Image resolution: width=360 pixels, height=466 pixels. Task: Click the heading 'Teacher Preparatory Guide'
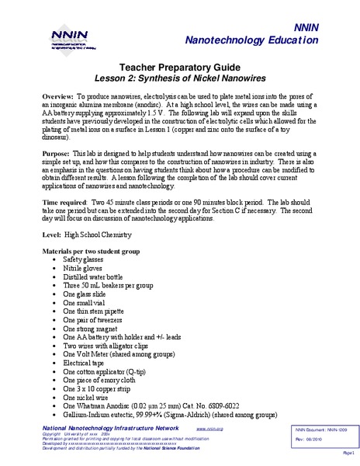click(x=179, y=68)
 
